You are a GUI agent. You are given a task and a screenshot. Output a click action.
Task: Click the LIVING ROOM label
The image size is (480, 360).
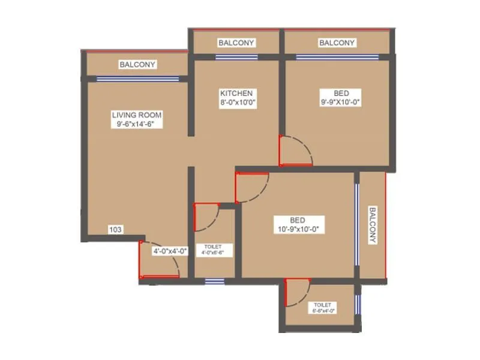[x=137, y=115]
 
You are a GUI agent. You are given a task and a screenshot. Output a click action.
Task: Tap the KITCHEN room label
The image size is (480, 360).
[x=236, y=94]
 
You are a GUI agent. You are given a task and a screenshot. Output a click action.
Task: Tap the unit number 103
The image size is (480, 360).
[x=116, y=229]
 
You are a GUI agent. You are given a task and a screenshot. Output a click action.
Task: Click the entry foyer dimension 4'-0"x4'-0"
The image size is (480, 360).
[x=170, y=251]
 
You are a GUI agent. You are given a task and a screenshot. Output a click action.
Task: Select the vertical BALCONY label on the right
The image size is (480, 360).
[x=373, y=226]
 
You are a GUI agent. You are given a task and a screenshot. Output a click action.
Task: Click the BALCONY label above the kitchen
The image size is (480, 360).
[x=236, y=43]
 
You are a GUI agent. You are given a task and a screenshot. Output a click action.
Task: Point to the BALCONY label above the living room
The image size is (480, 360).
[x=137, y=64]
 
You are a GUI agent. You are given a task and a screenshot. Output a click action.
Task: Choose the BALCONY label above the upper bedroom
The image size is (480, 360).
[x=337, y=43]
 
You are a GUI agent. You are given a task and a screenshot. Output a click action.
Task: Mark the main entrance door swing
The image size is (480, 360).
[x=159, y=259]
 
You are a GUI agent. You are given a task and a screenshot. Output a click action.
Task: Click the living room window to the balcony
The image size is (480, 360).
[x=137, y=78]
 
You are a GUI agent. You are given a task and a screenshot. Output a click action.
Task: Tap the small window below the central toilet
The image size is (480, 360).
[x=211, y=280]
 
